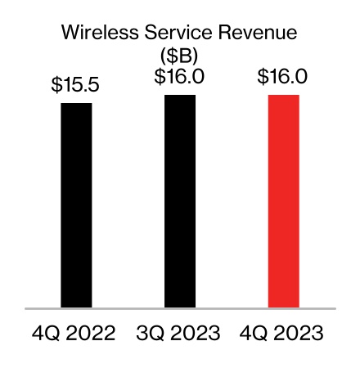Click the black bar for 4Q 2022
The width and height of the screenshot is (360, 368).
pos(76,205)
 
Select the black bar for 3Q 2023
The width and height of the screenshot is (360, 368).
pos(180,201)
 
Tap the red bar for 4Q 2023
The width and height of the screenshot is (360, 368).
pos(284,201)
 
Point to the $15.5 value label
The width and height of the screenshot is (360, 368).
pos(76,84)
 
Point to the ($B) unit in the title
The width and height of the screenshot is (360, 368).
pos(180,56)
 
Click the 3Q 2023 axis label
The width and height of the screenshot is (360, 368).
pos(180,334)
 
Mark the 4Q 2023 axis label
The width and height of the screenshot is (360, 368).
pos(284,334)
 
